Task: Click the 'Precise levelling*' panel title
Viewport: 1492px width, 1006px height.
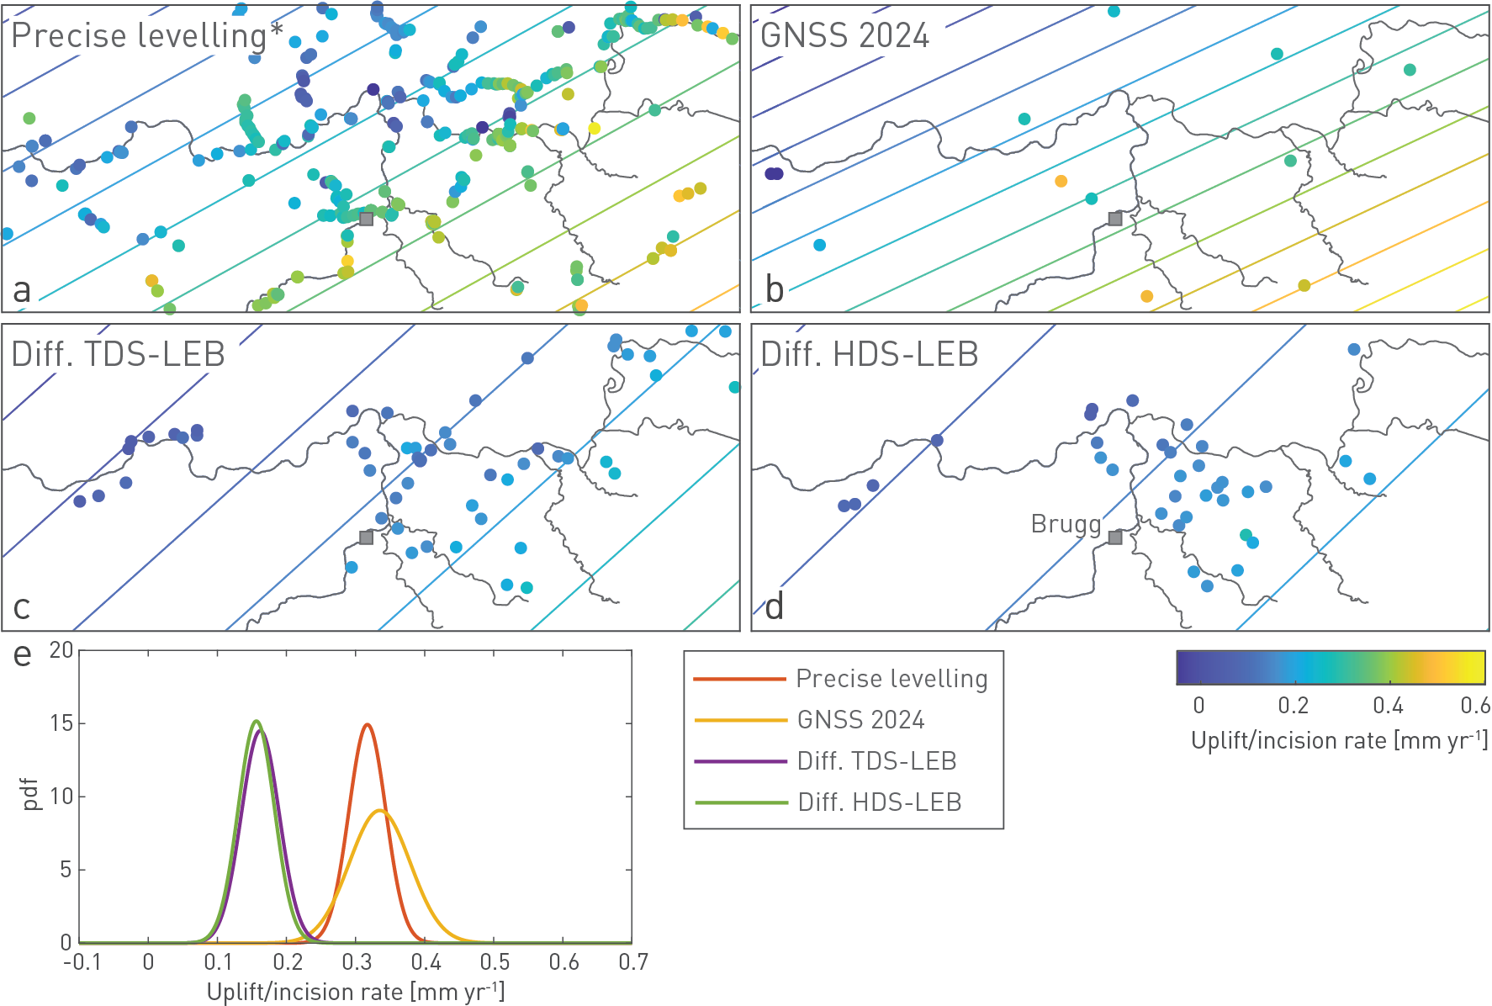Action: [147, 36]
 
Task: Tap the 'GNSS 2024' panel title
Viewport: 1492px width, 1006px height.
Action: [844, 36]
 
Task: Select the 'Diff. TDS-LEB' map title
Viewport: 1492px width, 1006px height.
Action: [119, 355]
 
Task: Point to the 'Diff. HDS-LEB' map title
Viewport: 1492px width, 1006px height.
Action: [870, 355]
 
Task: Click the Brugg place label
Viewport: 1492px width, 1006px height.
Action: [1066, 524]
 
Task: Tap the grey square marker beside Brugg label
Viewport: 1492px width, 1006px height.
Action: [1115, 537]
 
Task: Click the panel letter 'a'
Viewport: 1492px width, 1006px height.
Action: [22, 291]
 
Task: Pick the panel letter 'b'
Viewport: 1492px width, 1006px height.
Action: [775, 290]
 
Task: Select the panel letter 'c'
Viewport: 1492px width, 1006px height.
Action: [22, 607]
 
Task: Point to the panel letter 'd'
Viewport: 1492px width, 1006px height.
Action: [775, 606]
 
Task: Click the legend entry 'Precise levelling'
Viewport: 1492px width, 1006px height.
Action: [891, 679]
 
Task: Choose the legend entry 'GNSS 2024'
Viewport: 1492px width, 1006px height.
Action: [860, 720]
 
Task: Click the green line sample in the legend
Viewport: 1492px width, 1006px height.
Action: [740, 802]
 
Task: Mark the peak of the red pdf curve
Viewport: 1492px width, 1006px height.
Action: [367, 724]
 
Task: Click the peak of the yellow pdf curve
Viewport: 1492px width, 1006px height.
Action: [380, 810]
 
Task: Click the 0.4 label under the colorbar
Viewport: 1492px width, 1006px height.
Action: [1388, 706]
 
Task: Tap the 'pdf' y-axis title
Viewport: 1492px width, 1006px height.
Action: [31, 794]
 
